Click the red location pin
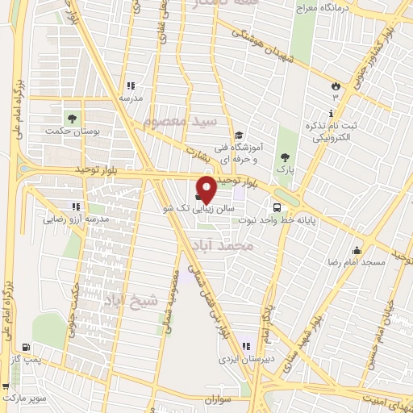pyautogui.click(x=206, y=189)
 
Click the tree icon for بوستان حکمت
pyautogui.click(x=73, y=119)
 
